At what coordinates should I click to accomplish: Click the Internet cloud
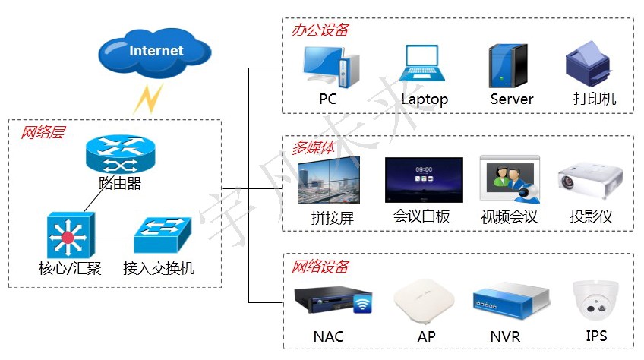[155, 52]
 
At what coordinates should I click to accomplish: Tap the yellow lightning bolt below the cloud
[148, 98]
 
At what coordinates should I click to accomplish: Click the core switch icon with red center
[69, 235]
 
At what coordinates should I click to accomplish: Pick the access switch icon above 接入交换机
[161, 235]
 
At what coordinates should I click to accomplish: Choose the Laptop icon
[425, 65]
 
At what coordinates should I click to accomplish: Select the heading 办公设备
[320, 30]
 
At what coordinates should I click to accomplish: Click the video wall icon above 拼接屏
[328, 180]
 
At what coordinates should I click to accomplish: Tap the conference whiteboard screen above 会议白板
[423, 181]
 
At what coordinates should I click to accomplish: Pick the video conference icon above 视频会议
[509, 181]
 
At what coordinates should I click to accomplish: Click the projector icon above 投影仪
[590, 182]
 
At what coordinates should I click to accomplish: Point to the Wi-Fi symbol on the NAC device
[362, 305]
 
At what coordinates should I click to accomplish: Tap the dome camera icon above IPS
[595, 302]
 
